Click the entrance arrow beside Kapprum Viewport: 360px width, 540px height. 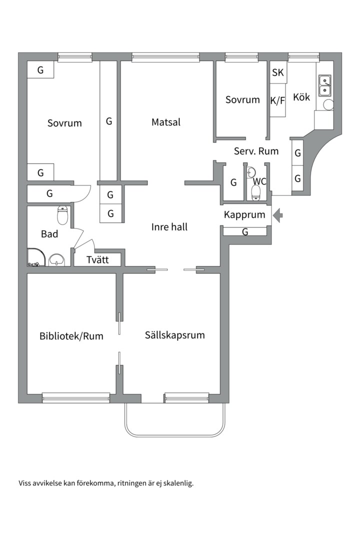tap(278, 215)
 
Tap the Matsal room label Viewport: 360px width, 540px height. tap(166, 122)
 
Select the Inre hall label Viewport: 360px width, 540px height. tap(169, 227)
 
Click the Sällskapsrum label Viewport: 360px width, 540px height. tap(175, 335)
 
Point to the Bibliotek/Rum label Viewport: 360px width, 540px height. tap(71, 336)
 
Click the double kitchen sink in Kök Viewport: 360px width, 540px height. tap(325, 85)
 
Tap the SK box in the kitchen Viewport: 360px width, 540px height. tap(278, 73)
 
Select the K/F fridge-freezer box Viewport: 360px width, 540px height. tap(277, 100)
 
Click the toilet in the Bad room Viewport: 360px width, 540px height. tap(62, 215)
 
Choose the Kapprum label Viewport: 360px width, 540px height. tap(244, 215)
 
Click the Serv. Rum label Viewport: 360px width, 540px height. tap(256, 151)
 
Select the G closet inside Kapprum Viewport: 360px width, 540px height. tap(245, 232)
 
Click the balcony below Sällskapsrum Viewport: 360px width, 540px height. tap(175, 420)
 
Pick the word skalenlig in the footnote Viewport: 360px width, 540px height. tap(177, 483)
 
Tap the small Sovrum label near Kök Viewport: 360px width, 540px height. tap(242, 99)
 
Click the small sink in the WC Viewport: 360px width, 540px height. tap(251, 170)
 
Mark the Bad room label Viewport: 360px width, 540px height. tap(49, 234)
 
